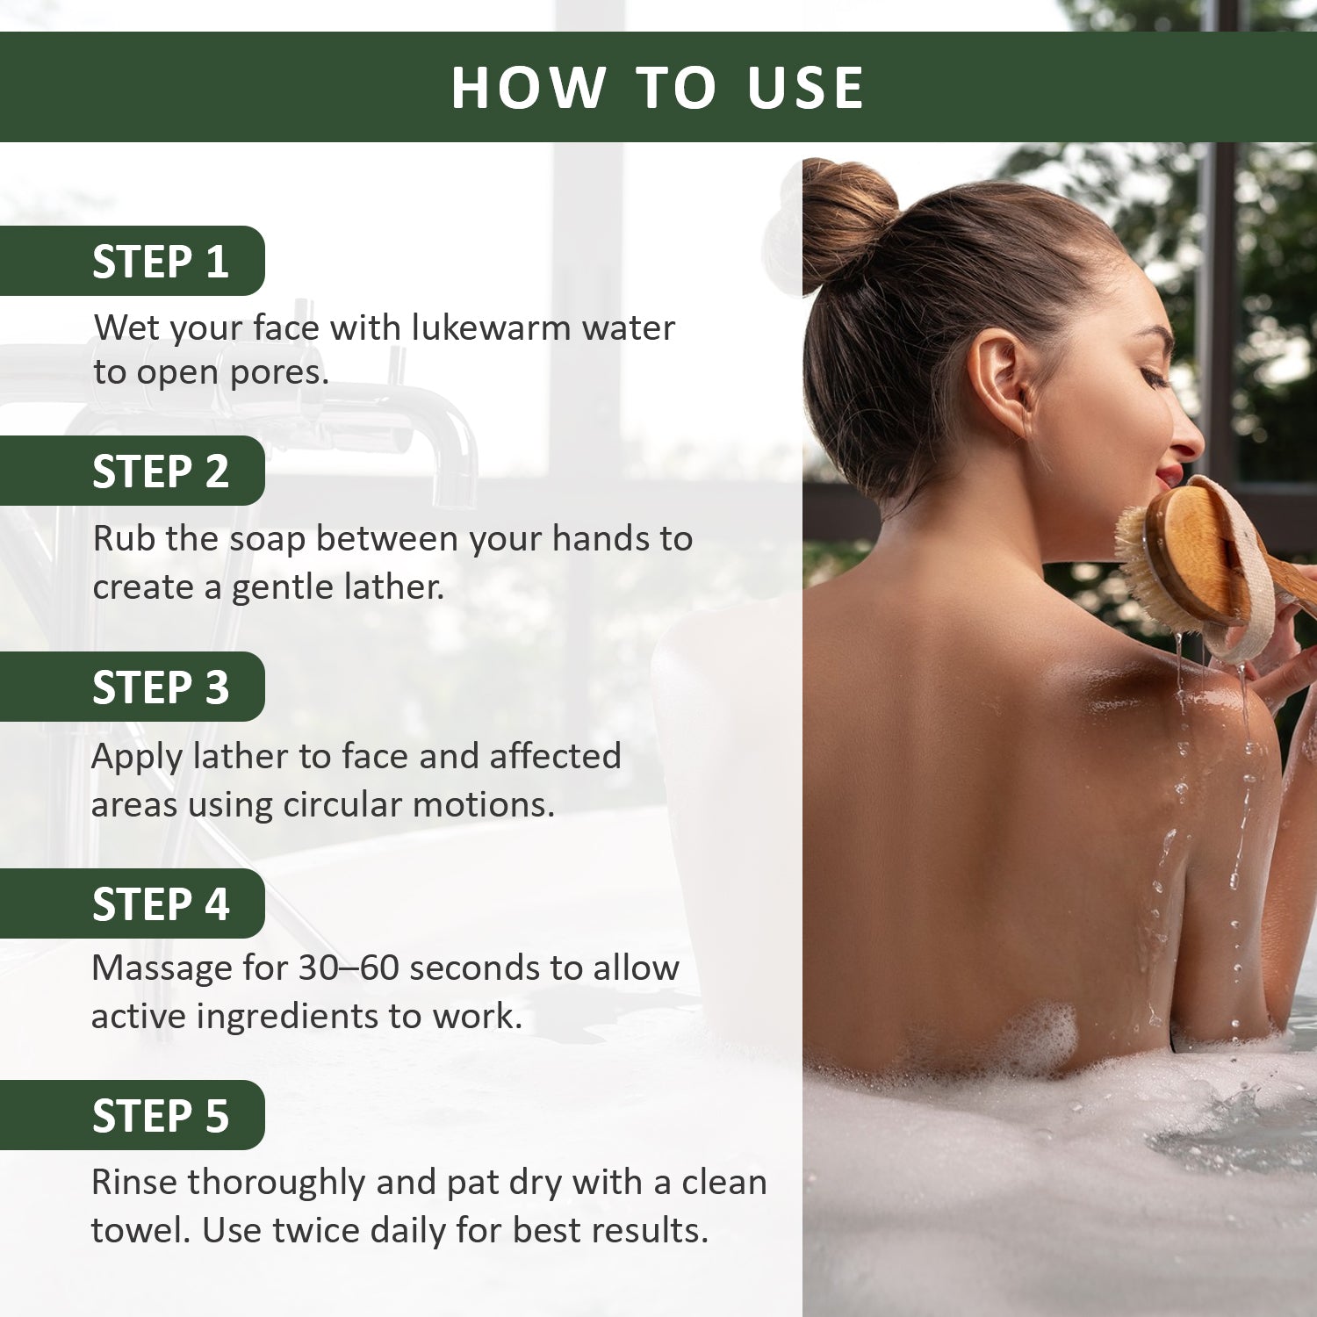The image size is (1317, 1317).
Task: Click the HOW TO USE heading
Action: click(658, 88)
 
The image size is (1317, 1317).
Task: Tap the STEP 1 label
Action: click(160, 262)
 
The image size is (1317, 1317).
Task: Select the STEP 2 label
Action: click(160, 471)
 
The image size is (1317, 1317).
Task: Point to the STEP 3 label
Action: click(160, 687)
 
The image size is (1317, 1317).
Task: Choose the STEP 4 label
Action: click(160, 904)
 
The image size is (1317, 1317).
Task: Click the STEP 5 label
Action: click(160, 1116)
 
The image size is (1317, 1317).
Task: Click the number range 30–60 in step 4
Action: click(349, 968)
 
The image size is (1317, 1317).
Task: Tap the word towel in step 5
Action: click(140, 1231)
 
